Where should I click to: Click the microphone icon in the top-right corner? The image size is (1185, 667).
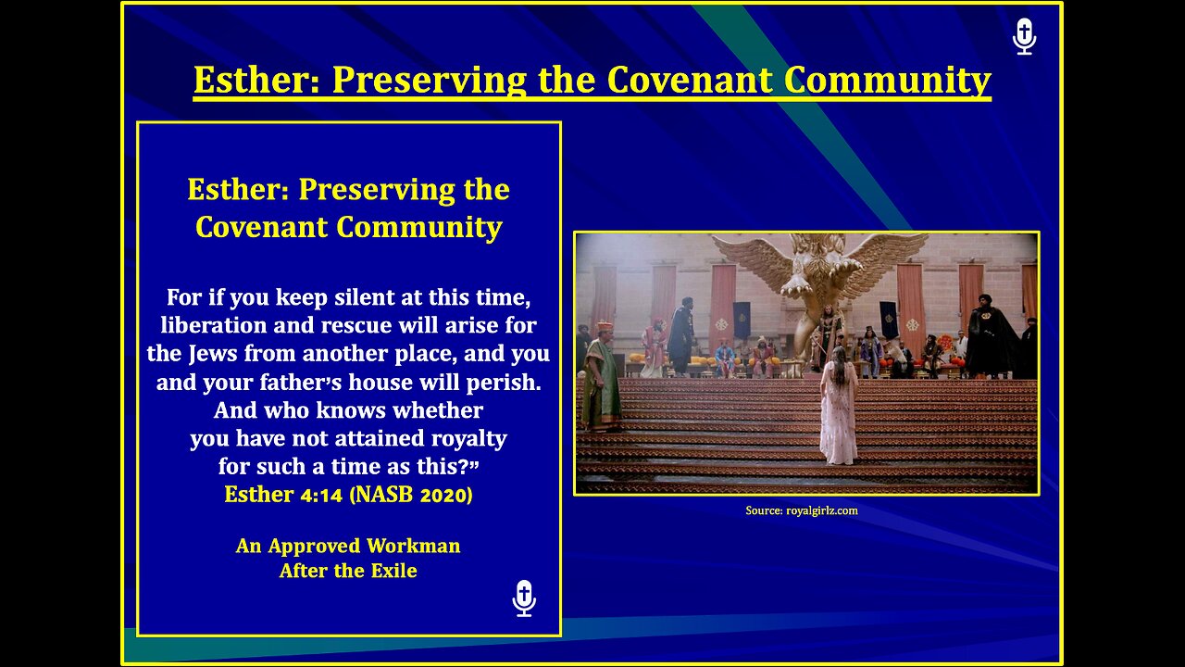point(1024,37)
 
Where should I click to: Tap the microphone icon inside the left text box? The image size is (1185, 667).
point(524,598)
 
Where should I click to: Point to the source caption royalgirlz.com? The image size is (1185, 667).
point(801,510)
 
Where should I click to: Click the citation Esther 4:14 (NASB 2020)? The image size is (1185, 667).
point(348,495)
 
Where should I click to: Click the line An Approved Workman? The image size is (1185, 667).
point(348,546)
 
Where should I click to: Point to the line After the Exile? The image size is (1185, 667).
point(348,571)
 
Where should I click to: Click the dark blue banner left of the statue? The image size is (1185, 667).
point(742,320)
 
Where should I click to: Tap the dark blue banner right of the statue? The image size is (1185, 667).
point(888,319)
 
